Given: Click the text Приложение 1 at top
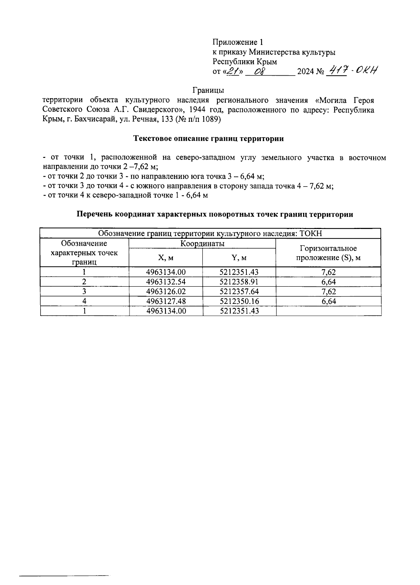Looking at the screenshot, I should [238, 42].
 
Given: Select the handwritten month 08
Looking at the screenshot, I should [260, 72].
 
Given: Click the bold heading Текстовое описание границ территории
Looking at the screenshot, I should [209, 139].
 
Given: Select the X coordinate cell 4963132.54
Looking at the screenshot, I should [166, 282].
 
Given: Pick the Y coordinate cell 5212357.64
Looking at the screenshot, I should [239, 292].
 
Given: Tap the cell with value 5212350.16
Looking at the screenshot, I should [239, 301].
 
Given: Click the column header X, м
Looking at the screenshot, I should [166, 258].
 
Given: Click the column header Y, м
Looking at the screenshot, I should [239, 258].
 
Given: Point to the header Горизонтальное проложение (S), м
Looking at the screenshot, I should [328, 253].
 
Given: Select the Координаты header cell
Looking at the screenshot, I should [202, 244].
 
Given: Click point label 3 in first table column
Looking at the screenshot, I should [84, 292].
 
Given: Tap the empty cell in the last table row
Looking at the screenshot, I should [328, 311].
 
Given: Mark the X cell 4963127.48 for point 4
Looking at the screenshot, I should [166, 301].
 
